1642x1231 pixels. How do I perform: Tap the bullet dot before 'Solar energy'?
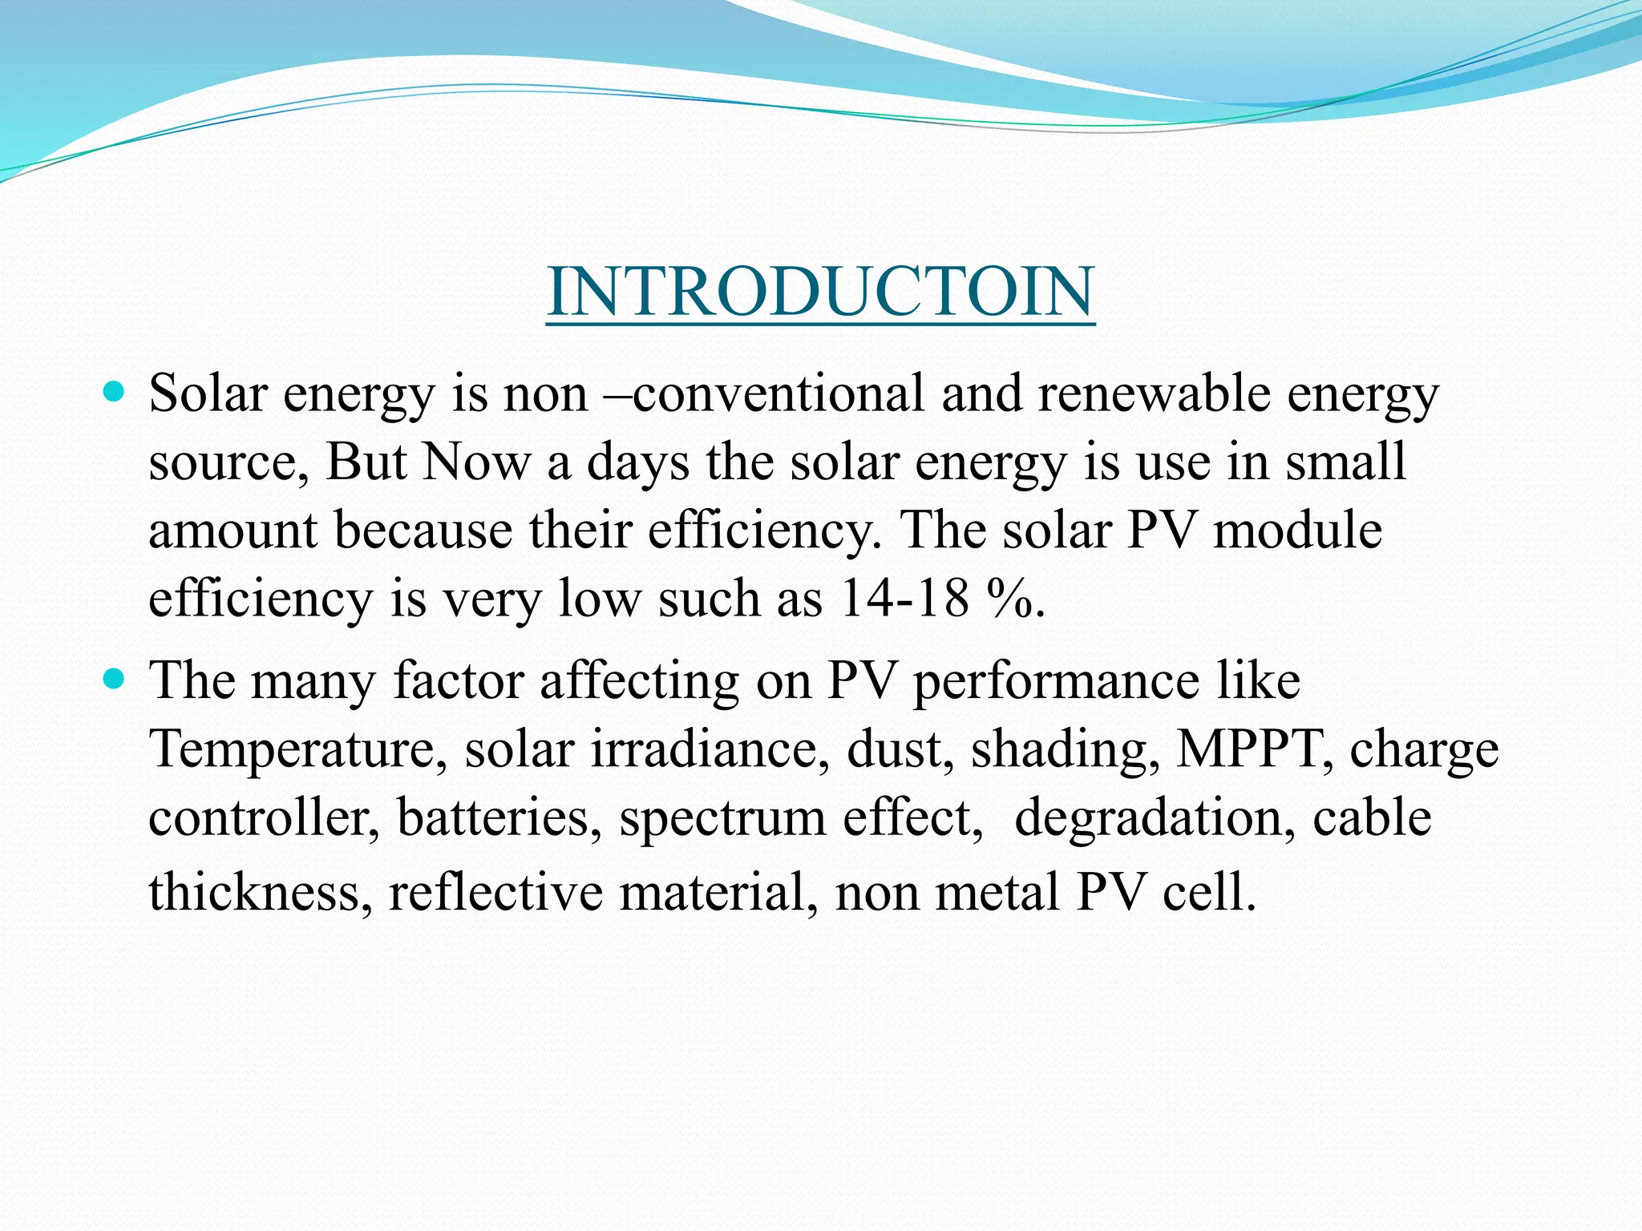click(115, 393)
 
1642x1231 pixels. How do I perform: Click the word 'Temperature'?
click(292, 749)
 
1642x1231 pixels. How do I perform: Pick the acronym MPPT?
click(1247, 749)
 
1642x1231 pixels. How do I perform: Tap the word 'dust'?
click(899, 749)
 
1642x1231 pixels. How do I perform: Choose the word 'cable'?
click(1372, 818)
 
